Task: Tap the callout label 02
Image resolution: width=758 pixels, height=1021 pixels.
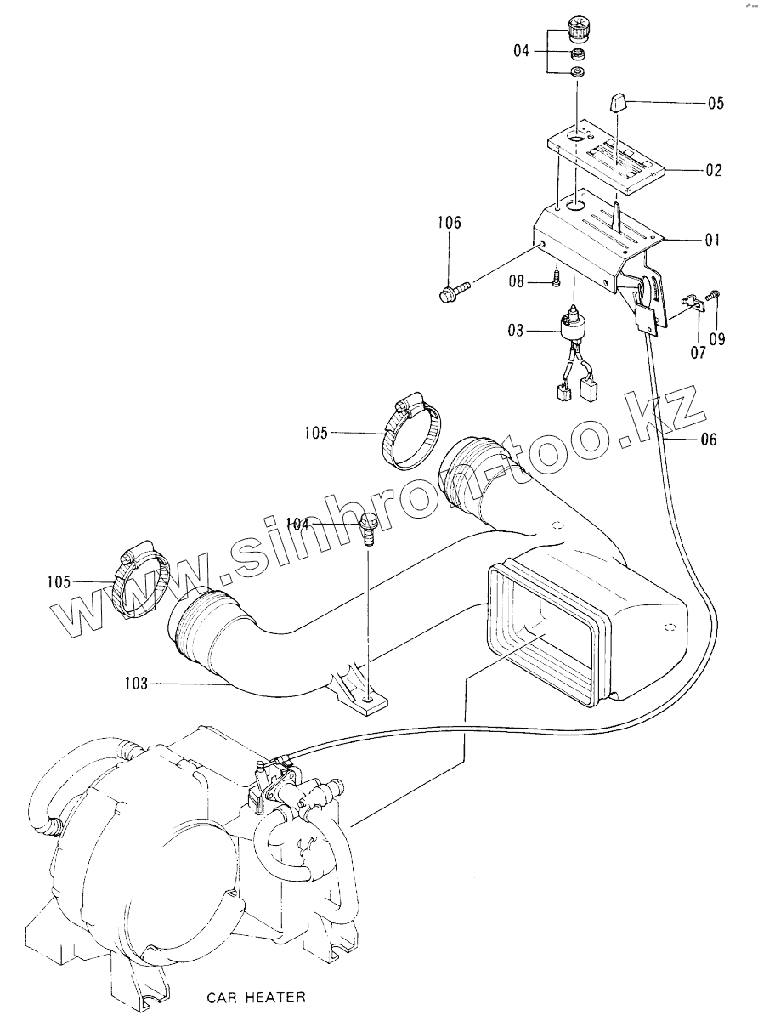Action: tap(713, 171)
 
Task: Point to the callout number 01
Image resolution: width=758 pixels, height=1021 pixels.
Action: tap(711, 241)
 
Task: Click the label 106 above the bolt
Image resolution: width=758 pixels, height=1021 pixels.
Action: tap(450, 223)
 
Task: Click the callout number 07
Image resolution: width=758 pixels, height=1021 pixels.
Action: tap(697, 352)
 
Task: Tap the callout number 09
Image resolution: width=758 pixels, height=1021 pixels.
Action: tap(717, 340)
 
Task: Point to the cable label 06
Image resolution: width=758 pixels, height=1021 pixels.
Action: tap(709, 440)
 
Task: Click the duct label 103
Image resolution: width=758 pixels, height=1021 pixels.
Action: tap(136, 682)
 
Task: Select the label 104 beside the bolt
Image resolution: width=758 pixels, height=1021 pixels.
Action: tap(298, 524)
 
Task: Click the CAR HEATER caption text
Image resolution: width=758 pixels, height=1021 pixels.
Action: tap(257, 996)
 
